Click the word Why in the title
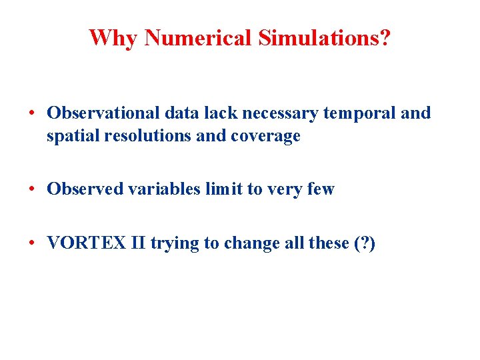(x=113, y=37)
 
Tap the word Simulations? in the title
(x=325, y=37)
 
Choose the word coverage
(x=265, y=137)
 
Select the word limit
(x=224, y=189)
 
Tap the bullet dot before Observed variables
(x=32, y=189)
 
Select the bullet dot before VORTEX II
(x=32, y=243)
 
